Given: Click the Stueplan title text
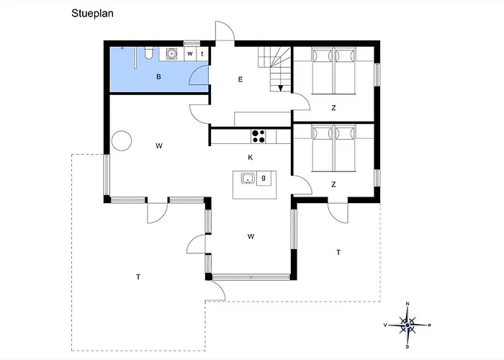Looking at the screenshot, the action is (92, 14).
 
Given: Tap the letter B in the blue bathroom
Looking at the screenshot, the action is (158, 77).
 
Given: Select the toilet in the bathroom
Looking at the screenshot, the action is (148, 53).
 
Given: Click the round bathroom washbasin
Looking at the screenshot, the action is (172, 53).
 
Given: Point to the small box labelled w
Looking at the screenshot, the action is (190, 54).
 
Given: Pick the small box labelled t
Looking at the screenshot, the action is (202, 54).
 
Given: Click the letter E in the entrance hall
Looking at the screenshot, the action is (240, 79).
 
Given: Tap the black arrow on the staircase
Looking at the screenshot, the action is (281, 88).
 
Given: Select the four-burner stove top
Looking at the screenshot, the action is (258, 136).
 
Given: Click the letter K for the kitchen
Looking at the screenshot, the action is (251, 158).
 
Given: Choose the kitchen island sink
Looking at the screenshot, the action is (248, 178).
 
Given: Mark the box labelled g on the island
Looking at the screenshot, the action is (264, 178).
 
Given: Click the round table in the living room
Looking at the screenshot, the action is (122, 140).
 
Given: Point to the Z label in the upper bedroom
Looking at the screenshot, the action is (333, 108).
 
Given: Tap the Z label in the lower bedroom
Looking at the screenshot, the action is (333, 184).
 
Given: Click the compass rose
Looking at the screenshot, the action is (408, 325).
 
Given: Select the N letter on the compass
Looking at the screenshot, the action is (408, 303).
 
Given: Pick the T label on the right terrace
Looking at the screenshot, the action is (338, 253).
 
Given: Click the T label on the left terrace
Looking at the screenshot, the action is (138, 276).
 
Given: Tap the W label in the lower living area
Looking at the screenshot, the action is (251, 237).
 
